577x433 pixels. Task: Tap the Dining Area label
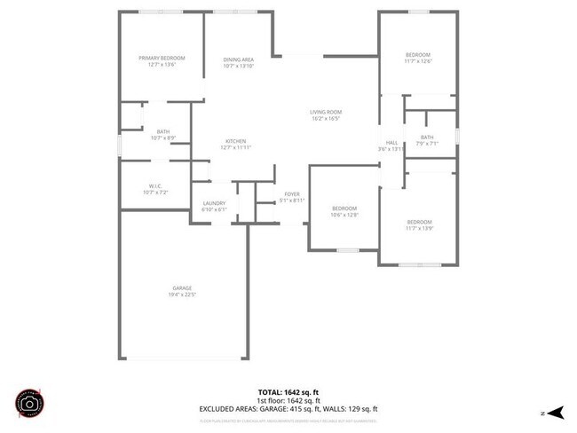(x=238, y=59)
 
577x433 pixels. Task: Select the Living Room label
(x=326, y=112)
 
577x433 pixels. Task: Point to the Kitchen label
(x=235, y=142)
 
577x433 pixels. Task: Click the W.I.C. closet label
(x=154, y=186)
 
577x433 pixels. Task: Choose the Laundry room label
(x=214, y=203)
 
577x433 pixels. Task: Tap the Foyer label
(x=292, y=194)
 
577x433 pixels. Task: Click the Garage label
(x=182, y=287)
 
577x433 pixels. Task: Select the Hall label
(x=391, y=142)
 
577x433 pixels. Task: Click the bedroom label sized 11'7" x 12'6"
(x=417, y=55)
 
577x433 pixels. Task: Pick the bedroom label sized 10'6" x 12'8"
(x=344, y=209)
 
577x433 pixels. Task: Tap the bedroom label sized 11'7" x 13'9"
(x=419, y=221)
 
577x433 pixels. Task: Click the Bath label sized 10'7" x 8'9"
(x=163, y=131)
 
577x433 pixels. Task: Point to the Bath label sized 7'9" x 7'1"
(x=427, y=137)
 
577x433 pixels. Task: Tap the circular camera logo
(x=29, y=403)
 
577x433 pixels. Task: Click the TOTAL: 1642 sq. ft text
(x=288, y=391)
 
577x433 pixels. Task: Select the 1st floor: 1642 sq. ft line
(x=288, y=400)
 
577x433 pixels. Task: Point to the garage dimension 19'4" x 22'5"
(x=182, y=294)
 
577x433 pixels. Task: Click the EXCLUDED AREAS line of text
(x=288, y=409)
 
